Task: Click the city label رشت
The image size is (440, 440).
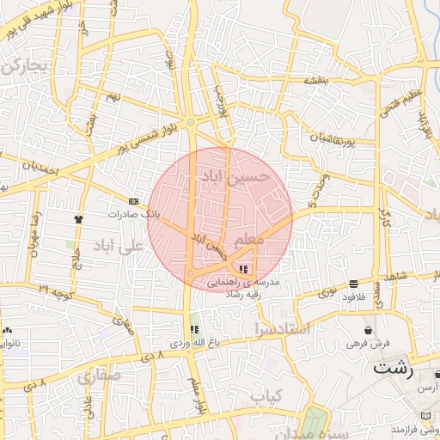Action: coord(394,369)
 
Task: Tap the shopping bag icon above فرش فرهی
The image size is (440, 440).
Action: coord(369,330)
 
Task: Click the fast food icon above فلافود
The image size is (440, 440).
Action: coord(354,284)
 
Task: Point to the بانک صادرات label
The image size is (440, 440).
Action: coord(129,213)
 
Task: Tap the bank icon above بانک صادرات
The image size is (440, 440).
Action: coord(133,200)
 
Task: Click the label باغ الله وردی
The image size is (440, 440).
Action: coord(190,343)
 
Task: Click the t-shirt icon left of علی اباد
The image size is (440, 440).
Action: coord(78,219)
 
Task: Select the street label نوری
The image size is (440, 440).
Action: coord(328,293)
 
